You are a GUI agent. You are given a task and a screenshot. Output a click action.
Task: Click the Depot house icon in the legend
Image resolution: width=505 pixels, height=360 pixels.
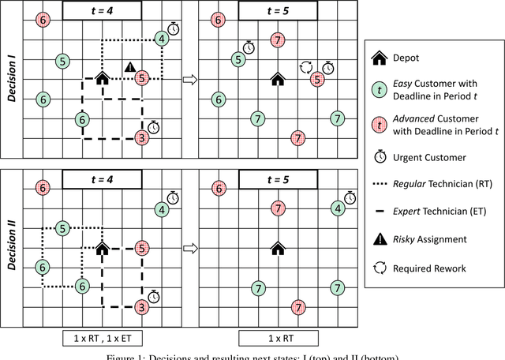coord(379,58)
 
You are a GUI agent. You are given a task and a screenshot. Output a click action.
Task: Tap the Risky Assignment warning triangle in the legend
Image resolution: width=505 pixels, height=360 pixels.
coord(379,238)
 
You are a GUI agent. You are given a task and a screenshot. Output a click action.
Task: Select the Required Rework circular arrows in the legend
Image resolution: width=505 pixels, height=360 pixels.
coord(379,268)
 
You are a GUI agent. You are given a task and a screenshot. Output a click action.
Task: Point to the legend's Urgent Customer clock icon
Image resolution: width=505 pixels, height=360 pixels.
coord(379,156)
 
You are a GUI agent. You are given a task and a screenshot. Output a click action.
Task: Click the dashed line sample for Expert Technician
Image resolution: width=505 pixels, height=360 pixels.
coord(379,211)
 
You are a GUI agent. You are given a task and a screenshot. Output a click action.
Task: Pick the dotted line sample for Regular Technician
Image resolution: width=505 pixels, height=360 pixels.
coord(379,183)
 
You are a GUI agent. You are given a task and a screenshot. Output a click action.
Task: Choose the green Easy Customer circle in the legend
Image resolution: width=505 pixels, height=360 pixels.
coord(379,90)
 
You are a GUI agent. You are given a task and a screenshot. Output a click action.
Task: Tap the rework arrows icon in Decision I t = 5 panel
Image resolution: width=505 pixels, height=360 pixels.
coord(305,69)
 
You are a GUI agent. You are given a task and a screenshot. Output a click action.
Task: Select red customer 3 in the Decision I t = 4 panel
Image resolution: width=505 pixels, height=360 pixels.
coord(141,138)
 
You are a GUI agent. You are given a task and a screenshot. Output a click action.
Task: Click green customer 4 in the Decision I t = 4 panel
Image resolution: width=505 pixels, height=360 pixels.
coord(161,39)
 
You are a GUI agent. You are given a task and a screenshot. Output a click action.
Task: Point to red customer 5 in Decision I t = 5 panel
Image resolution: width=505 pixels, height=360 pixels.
coord(316,79)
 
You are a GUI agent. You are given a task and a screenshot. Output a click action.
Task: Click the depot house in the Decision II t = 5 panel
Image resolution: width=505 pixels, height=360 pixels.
coord(277,249)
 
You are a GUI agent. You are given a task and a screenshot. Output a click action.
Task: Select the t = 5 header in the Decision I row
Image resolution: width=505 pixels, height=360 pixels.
coord(276,9)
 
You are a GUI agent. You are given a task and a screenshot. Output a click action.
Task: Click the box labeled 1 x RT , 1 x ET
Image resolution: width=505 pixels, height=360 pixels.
coord(102,338)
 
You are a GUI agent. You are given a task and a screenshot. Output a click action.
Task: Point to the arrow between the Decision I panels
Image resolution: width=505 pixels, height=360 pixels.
coord(189,79)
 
